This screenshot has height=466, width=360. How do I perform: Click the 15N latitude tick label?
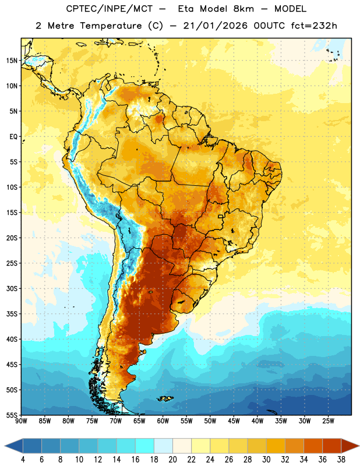coord(12,61)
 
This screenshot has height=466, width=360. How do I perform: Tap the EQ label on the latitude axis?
coord(13,137)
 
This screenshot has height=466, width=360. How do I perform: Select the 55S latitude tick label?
coord(12,415)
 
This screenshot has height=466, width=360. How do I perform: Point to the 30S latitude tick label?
coord(12,288)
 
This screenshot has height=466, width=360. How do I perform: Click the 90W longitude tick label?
coord(21,421)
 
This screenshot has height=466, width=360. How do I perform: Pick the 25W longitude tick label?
coord(328,421)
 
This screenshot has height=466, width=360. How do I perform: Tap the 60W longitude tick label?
coord(163,421)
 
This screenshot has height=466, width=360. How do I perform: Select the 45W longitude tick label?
coord(234,421)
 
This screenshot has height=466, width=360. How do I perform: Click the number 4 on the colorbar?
coord(23,460)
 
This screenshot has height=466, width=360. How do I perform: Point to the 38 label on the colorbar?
coord(341,460)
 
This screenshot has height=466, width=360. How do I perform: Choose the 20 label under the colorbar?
coord(172,460)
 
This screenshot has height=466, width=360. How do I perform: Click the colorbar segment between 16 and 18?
coord(144,446)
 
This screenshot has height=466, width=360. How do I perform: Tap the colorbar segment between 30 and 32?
coord(276,446)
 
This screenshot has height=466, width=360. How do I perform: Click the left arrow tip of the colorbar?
coord(5,446)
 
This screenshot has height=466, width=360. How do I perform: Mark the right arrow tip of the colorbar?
coord(359,446)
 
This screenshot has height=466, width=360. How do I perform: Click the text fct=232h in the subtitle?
coord(314,26)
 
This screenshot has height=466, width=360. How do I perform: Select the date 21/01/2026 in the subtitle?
coord(215,26)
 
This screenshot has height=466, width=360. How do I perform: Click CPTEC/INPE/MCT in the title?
coord(109,9)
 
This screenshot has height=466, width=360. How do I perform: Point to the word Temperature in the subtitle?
coord(111,26)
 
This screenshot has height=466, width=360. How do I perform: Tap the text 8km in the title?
coord(243,9)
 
